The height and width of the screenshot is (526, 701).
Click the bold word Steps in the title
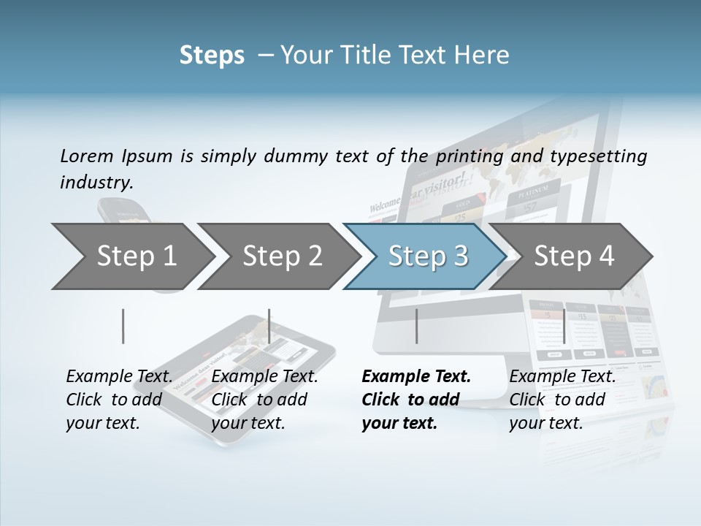point(212,56)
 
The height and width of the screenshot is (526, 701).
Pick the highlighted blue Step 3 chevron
point(428,256)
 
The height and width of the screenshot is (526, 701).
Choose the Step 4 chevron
point(574,256)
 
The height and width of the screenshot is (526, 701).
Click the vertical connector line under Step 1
point(123,326)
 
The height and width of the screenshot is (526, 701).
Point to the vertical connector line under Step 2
point(269,326)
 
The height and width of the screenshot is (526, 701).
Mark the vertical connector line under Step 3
point(416,326)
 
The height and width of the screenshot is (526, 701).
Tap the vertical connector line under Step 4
point(564,326)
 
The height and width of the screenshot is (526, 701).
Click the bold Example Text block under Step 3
point(416,400)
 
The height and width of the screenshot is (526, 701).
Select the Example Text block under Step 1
point(119,400)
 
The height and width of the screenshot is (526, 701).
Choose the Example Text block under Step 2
point(264,400)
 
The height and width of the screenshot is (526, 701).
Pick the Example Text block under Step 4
point(562,400)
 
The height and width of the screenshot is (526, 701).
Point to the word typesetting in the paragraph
point(602,156)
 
